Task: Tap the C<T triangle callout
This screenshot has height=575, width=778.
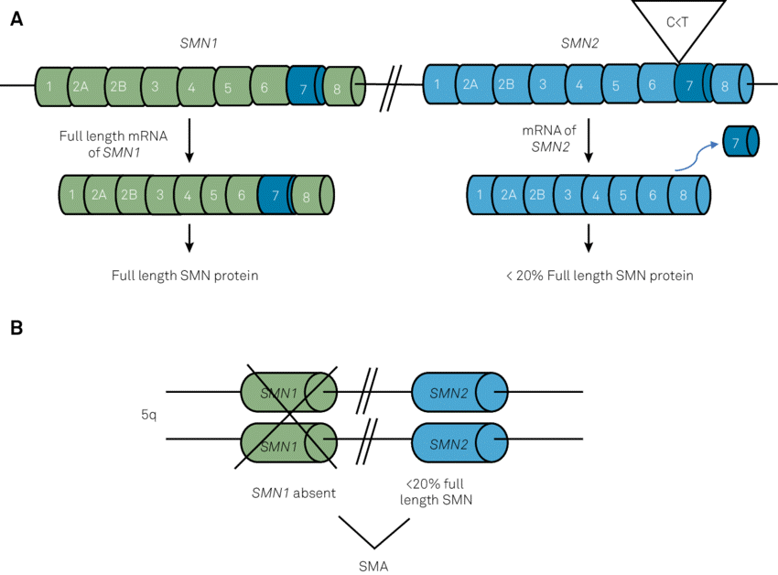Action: (678, 24)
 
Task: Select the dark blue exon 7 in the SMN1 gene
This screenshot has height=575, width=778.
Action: (303, 86)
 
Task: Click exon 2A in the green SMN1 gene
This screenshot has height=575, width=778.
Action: (81, 86)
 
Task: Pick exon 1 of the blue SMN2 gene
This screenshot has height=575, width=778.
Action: (438, 85)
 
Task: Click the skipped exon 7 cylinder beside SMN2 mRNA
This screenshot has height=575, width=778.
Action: (740, 142)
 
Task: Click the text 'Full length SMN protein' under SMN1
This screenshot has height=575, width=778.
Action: (185, 275)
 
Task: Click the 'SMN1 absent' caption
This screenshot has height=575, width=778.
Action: (293, 493)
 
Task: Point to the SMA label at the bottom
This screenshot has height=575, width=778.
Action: (373, 565)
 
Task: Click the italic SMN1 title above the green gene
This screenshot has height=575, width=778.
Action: (200, 44)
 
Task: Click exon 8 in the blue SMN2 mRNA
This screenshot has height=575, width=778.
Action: (682, 195)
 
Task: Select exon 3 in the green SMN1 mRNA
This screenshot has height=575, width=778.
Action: (160, 195)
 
